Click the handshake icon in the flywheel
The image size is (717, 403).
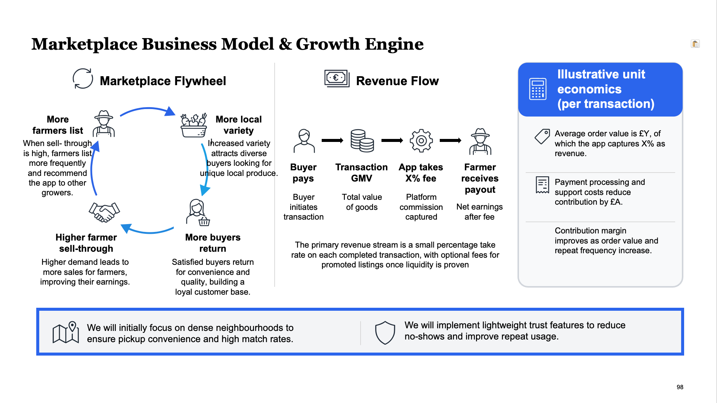(x=104, y=212)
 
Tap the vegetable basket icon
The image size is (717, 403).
(x=194, y=125)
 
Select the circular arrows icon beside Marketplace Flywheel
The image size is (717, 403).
(x=83, y=78)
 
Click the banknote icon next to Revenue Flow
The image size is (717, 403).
(x=337, y=78)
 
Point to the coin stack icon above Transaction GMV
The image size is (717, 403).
(x=362, y=141)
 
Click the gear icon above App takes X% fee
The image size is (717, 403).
(x=421, y=141)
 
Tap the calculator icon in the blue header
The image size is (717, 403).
(x=538, y=89)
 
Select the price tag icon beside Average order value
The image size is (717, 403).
(x=542, y=137)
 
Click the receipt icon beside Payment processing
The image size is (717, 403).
(x=542, y=185)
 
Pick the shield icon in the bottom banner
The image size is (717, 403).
(x=385, y=332)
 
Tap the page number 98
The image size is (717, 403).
(x=680, y=387)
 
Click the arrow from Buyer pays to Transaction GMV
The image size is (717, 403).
(x=332, y=140)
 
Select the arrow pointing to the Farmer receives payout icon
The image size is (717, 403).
(x=450, y=140)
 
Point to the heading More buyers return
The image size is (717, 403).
(x=213, y=243)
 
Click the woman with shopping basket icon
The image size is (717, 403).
(x=198, y=213)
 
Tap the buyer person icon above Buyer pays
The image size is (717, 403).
(x=304, y=141)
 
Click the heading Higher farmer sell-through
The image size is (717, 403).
(x=86, y=243)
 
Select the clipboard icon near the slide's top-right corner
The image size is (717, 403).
(x=695, y=44)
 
